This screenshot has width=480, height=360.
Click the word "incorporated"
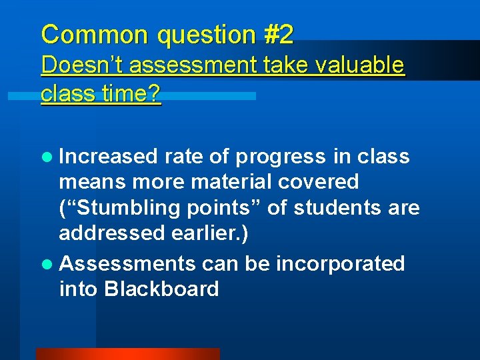[x=341, y=264]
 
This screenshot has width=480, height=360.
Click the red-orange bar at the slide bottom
[x=127, y=353]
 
